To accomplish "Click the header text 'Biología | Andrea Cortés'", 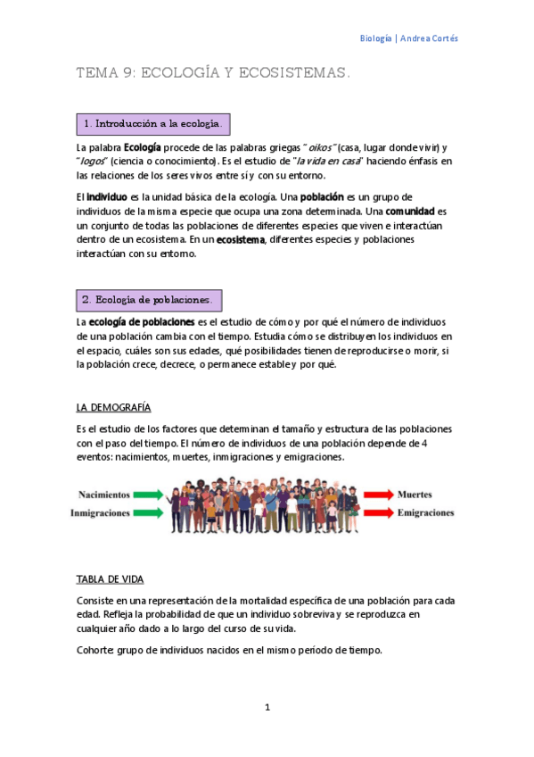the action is [408, 38].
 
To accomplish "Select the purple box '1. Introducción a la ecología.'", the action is [152, 123].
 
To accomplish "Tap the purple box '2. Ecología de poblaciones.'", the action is [149, 300].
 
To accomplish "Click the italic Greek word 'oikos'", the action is [318, 146].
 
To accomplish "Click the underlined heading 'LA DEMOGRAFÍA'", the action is [113, 407].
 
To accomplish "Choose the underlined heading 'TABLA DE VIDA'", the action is [111, 579].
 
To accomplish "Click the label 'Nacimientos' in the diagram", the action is [104, 494].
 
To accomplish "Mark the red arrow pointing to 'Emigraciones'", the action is [377, 513].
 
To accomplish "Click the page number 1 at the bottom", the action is [267, 708].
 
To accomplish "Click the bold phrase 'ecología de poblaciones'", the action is [142, 321].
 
